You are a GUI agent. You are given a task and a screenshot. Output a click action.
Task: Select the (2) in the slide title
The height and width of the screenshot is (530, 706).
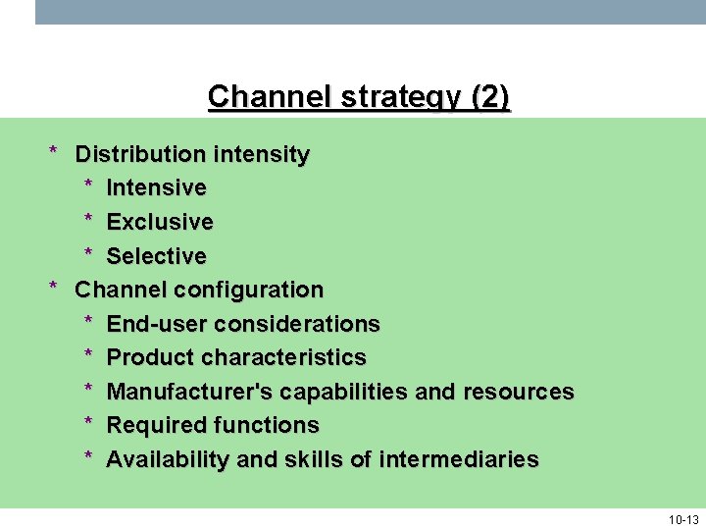[490, 98]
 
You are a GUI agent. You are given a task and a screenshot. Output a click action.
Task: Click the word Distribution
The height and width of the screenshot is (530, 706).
[140, 154]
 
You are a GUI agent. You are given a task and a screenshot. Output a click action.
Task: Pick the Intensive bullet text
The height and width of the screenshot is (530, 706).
[156, 187]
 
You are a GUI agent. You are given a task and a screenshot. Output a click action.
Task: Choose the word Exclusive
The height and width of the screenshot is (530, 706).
[160, 222]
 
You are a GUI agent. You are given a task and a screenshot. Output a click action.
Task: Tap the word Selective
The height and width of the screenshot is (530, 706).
[156, 256]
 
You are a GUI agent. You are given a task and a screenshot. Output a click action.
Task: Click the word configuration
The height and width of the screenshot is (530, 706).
[248, 291]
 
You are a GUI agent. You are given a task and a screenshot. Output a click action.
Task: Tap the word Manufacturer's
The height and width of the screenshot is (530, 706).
[189, 392]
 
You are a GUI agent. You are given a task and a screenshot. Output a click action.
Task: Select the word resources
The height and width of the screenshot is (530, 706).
[519, 392]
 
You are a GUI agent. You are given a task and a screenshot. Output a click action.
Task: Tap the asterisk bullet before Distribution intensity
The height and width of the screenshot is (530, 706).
[56, 152]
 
